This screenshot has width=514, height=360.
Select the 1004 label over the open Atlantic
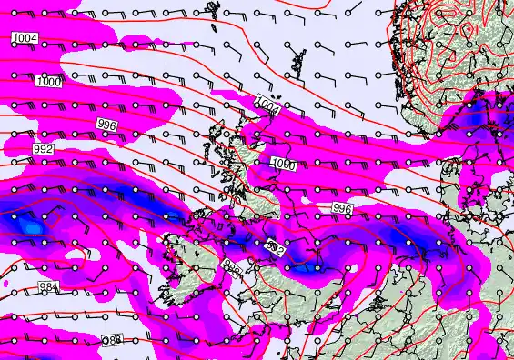[25, 38]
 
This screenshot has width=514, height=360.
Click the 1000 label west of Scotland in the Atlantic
[49, 82]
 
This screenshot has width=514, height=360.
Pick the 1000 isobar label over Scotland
[284, 165]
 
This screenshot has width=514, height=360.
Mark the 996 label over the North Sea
[342, 208]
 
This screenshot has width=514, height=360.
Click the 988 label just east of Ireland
[232, 269]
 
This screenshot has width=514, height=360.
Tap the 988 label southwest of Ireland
[112, 339]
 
